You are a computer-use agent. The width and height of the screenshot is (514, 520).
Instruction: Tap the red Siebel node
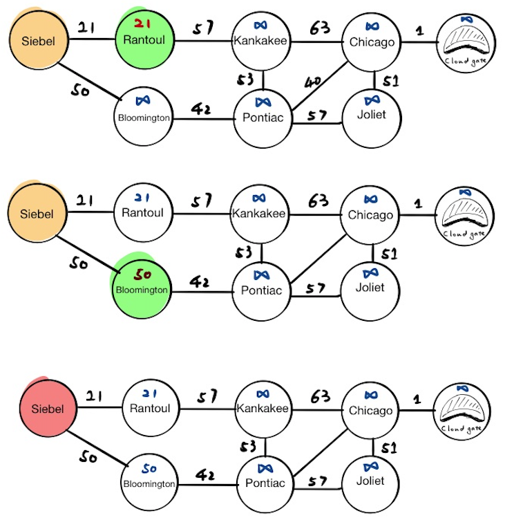[47, 409]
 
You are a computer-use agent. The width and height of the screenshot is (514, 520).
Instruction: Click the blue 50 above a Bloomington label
[149, 469]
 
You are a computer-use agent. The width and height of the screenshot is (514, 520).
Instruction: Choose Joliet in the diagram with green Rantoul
[372, 114]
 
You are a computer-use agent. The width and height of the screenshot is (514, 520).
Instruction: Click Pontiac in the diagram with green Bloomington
[262, 289]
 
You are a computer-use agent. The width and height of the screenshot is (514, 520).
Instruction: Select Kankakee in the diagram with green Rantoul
[260, 40]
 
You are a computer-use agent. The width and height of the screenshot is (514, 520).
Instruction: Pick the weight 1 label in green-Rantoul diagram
[417, 30]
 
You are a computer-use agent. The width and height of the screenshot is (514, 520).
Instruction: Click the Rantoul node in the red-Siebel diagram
[150, 408]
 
